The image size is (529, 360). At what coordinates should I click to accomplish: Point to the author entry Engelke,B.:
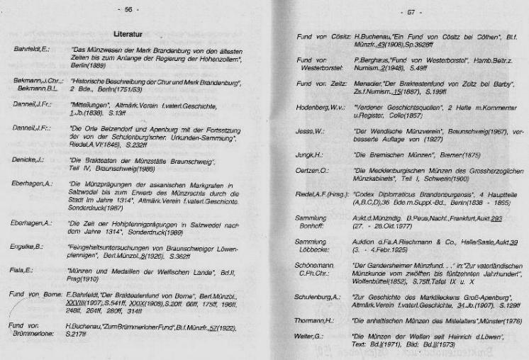[x=28, y=249]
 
